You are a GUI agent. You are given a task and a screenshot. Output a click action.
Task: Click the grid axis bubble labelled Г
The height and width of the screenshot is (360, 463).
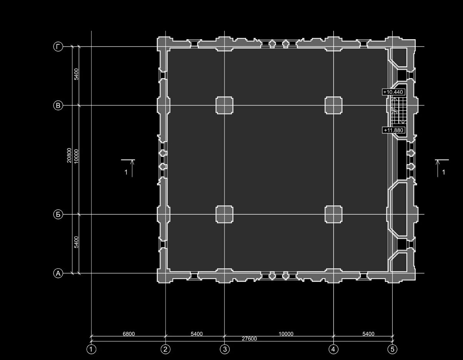pyautogui.click(x=58, y=47)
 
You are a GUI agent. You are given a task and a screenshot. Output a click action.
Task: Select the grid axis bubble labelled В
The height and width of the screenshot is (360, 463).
pyautogui.click(x=58, y=105)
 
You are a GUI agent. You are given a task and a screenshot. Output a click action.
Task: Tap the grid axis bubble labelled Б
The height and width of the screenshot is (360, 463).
pyautogui.click(x=58, y=214)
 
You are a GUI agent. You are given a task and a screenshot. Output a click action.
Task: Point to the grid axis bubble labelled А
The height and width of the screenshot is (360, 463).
pyautogui.click(x=58, y=273)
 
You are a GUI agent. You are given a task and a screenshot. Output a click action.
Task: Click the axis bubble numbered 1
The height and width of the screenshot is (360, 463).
pyautogui.click(x=91, y=349)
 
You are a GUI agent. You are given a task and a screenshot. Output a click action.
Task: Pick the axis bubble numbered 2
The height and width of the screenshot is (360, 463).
pyautogui.click(x=165, y=349)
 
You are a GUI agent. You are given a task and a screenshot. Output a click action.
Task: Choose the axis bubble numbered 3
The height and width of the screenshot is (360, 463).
pyautogui.click(x=225, y=349)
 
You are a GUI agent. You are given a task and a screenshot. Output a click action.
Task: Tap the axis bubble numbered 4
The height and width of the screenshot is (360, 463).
pyautogui.click(x=333, y=349)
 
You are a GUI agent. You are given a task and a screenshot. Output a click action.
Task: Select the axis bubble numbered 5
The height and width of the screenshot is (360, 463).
pyautogui.click(x=392, y=349)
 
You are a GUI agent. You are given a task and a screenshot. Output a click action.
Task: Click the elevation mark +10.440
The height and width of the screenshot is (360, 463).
pyautogui.click(x=393, y=92)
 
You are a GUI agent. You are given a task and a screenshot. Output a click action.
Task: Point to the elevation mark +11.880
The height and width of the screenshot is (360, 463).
pyautogui.click(x=393, y=130)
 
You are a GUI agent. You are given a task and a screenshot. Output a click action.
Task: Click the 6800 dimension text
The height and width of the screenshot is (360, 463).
pyautogui.click(x=129, y=333)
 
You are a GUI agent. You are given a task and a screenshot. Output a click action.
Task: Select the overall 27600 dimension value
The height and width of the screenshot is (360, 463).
pyautogui.click(x=249, y=338)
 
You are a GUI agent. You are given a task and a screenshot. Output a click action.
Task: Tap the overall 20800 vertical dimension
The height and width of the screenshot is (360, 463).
pyautogui.click(x=69, y=155)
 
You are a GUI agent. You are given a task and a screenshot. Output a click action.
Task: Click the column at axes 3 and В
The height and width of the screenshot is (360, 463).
pyautogui.click(x=224, y=105)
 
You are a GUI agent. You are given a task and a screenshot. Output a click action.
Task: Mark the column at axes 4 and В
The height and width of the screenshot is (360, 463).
pyautogui.click(x=333, y=105)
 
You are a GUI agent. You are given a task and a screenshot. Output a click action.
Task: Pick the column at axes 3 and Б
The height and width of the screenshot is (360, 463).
pyautogui.click(x=224, y=214)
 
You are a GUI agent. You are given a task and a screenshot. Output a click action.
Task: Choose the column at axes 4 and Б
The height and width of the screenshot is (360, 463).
pyautogui.click(x=333, y=214)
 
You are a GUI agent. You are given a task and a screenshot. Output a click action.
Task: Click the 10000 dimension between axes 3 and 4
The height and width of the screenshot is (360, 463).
pyautogui.click(x=286, y=334)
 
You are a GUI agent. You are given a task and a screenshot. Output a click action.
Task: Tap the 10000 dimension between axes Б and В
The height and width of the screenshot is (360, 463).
pyautogui.click(x=76, y=156)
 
